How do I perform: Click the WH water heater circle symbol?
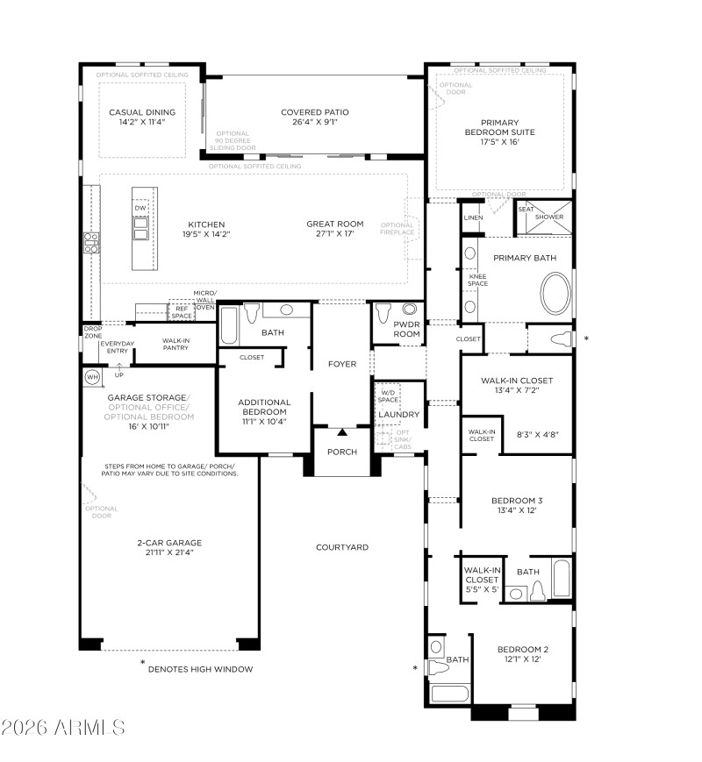(x=92, y=377)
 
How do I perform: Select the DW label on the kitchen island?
(x=140, y=208)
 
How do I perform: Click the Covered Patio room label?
(x=315, y=112)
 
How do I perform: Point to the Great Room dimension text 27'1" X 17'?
(x=329, y=233)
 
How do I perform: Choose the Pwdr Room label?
(x=383, y=330)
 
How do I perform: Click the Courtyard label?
(x=342, y=547)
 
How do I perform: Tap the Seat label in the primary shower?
(x=526, y=209)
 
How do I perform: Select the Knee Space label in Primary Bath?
(x=477, y=280)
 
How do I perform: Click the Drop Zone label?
(x=92, y=332)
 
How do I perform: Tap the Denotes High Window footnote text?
(x=200, y=669)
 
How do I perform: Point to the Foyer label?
(x=342, y=363)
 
